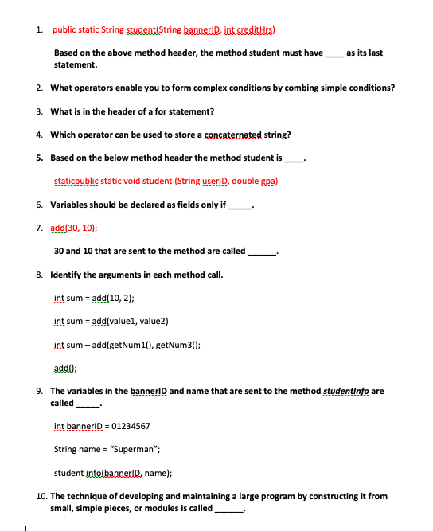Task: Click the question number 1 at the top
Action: (40, 30)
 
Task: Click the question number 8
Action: (40, 275)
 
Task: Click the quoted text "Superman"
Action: (133, 449)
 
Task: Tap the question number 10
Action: (41, 496)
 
